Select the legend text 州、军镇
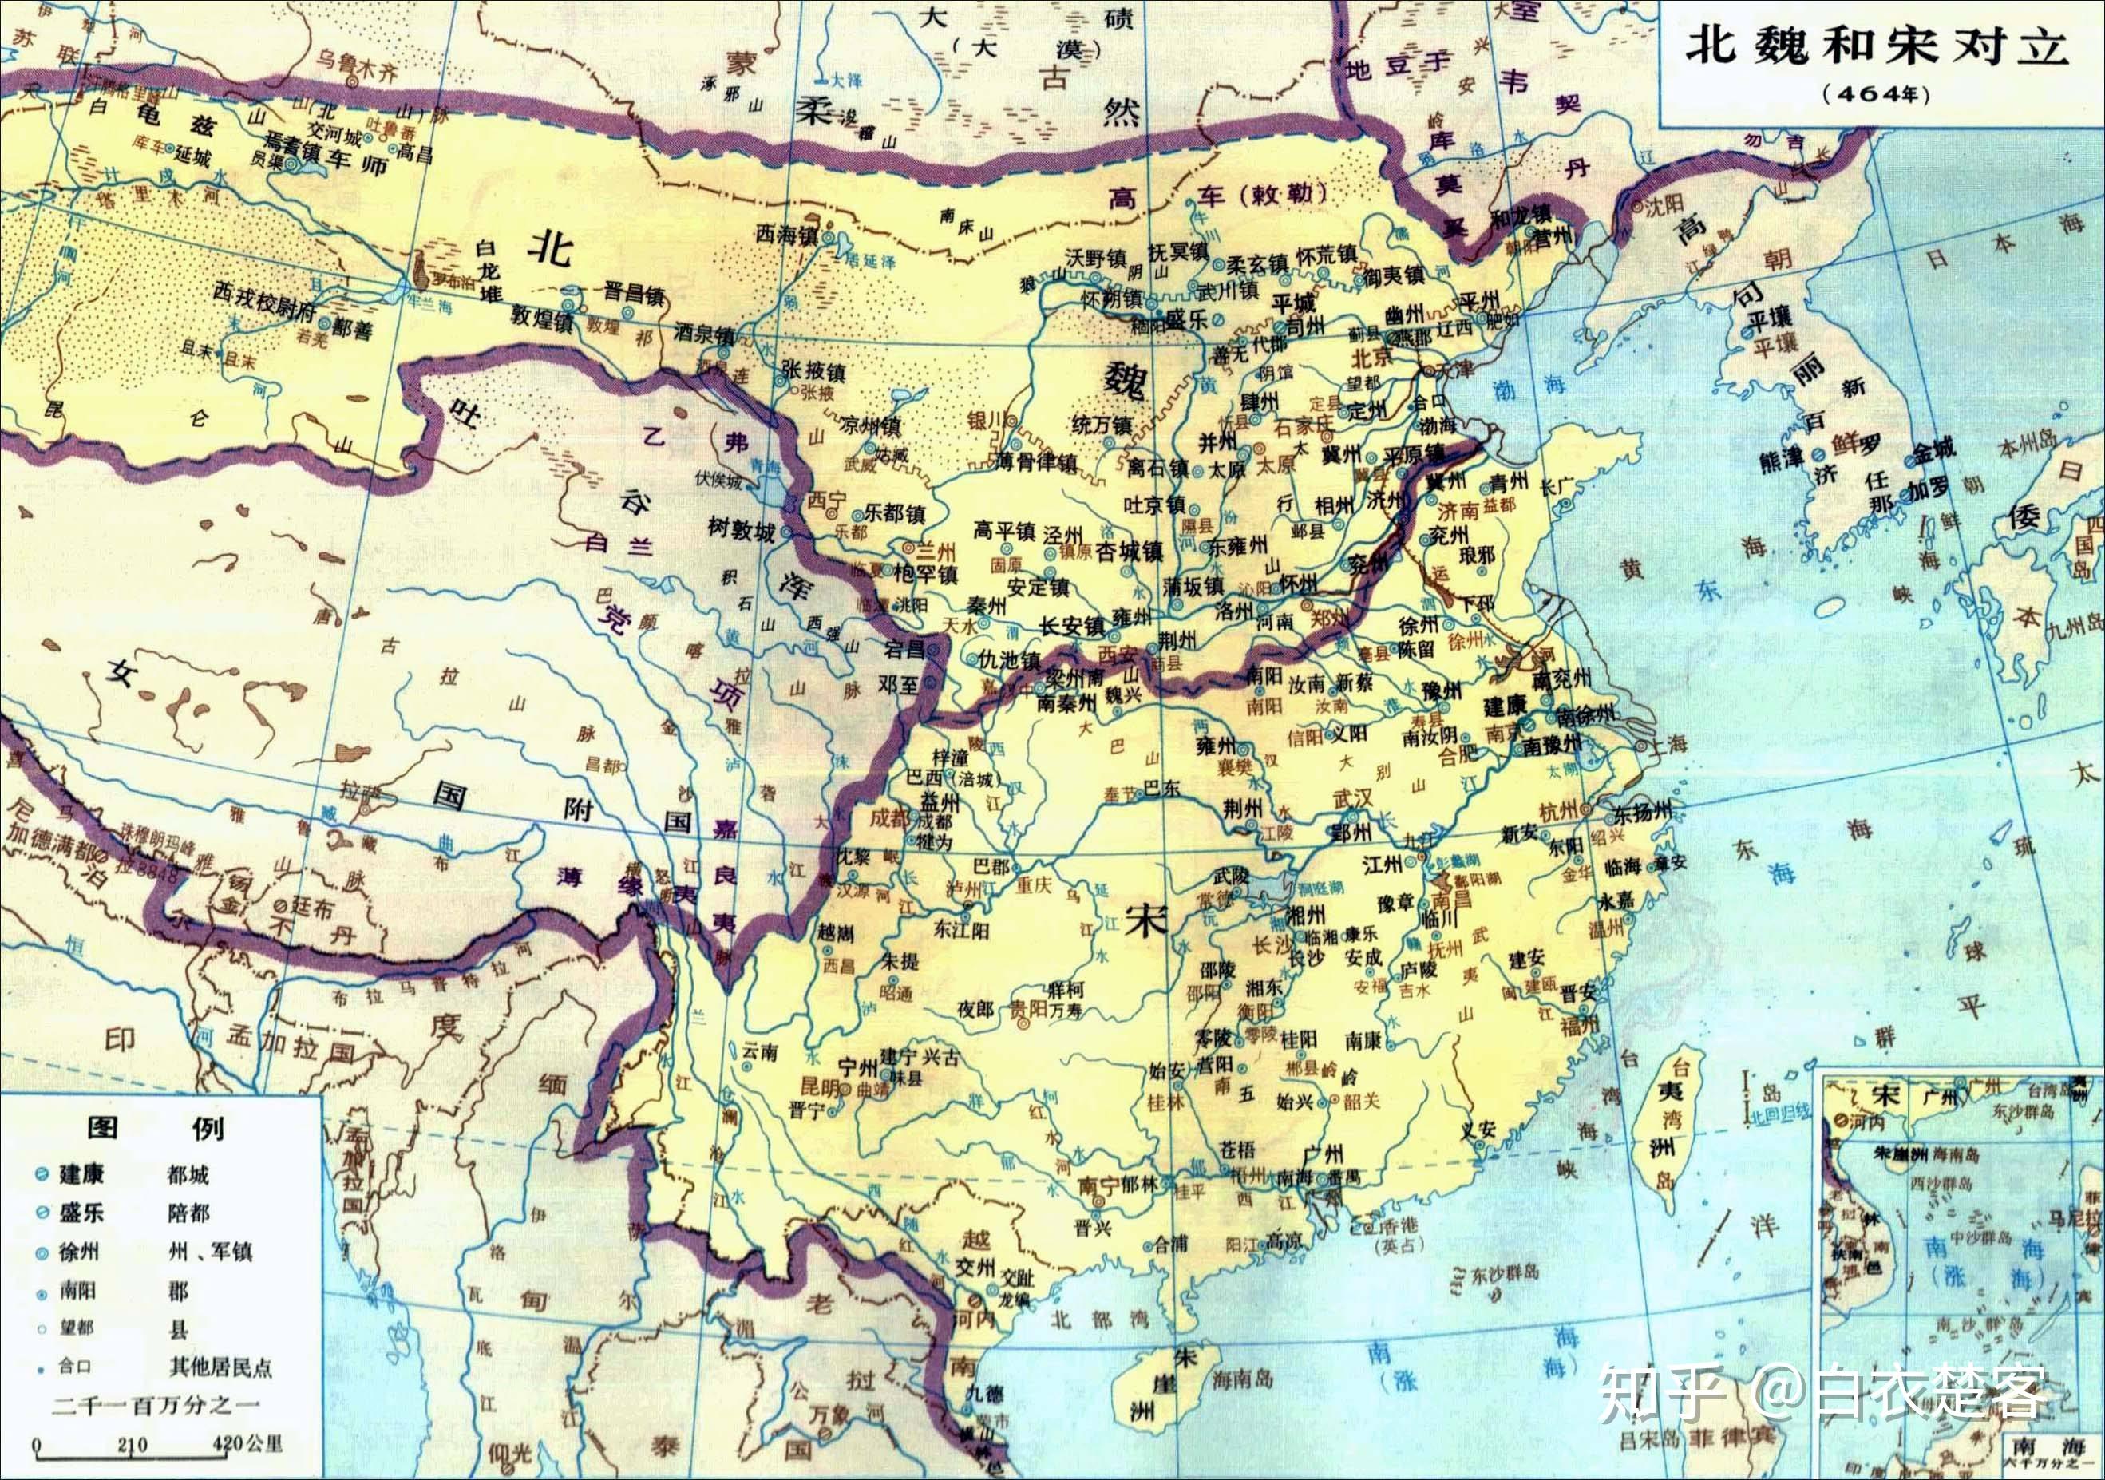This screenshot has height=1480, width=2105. tap(210, 1252)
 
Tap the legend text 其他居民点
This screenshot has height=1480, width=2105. tap(220, 1367)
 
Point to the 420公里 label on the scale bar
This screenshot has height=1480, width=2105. tap(247, 1445)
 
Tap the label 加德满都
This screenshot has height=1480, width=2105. tap(49, 837)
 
